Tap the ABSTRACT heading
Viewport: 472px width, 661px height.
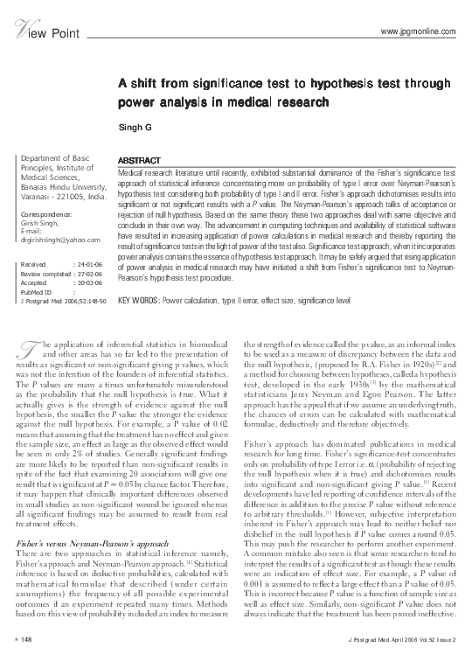[138, 162]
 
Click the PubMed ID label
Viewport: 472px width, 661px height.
[36, 291]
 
